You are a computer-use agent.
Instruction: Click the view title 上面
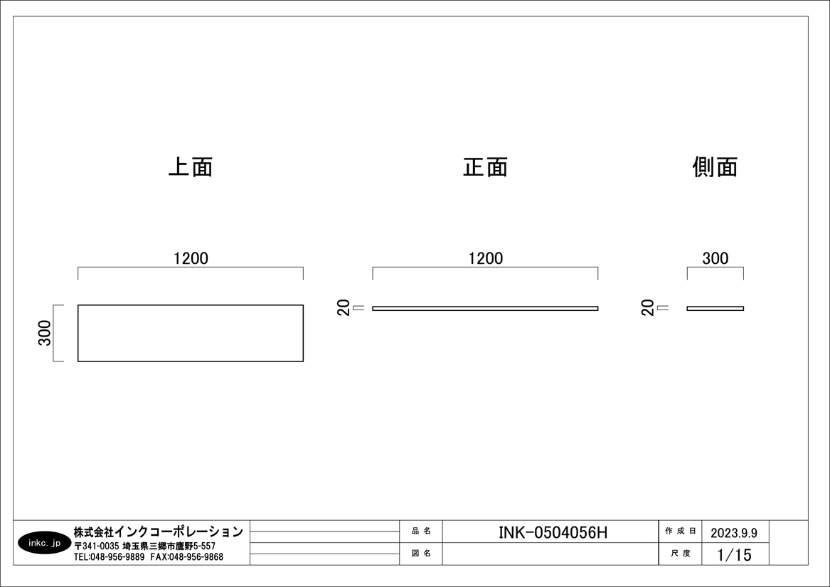[x=191, y=166]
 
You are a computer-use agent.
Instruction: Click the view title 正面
[x=485, y=166]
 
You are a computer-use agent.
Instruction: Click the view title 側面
[x=715, y=166]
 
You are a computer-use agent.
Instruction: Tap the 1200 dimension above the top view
[x=191, y=258]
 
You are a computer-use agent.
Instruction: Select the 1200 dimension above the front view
[x=485, y=258]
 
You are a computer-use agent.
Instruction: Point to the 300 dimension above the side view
[x=715, y=258]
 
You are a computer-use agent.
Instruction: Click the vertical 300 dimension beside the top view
[x=45, y=333]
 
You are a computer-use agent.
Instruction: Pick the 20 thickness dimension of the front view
[x=344, y=308]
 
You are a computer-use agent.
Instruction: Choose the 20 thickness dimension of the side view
[x=647, y=308]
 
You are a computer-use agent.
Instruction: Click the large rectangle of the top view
[x=191, y=333]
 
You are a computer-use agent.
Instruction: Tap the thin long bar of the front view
[x=485, y=308]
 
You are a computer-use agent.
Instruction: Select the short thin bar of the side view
[x=715, y=308]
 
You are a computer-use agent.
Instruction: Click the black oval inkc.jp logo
[x=44, y=543]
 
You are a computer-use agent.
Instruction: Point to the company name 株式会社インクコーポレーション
[x=158, y=532]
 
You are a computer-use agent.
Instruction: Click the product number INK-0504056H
[x=553, y=532]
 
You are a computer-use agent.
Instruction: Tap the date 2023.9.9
[x=734, y=532]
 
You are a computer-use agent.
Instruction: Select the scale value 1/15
[x=734, y=554]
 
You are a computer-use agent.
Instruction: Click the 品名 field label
[x=421, y=532]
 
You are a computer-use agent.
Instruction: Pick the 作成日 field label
[x=679, y=532]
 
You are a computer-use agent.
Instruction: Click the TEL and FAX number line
[x=148, y=557]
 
